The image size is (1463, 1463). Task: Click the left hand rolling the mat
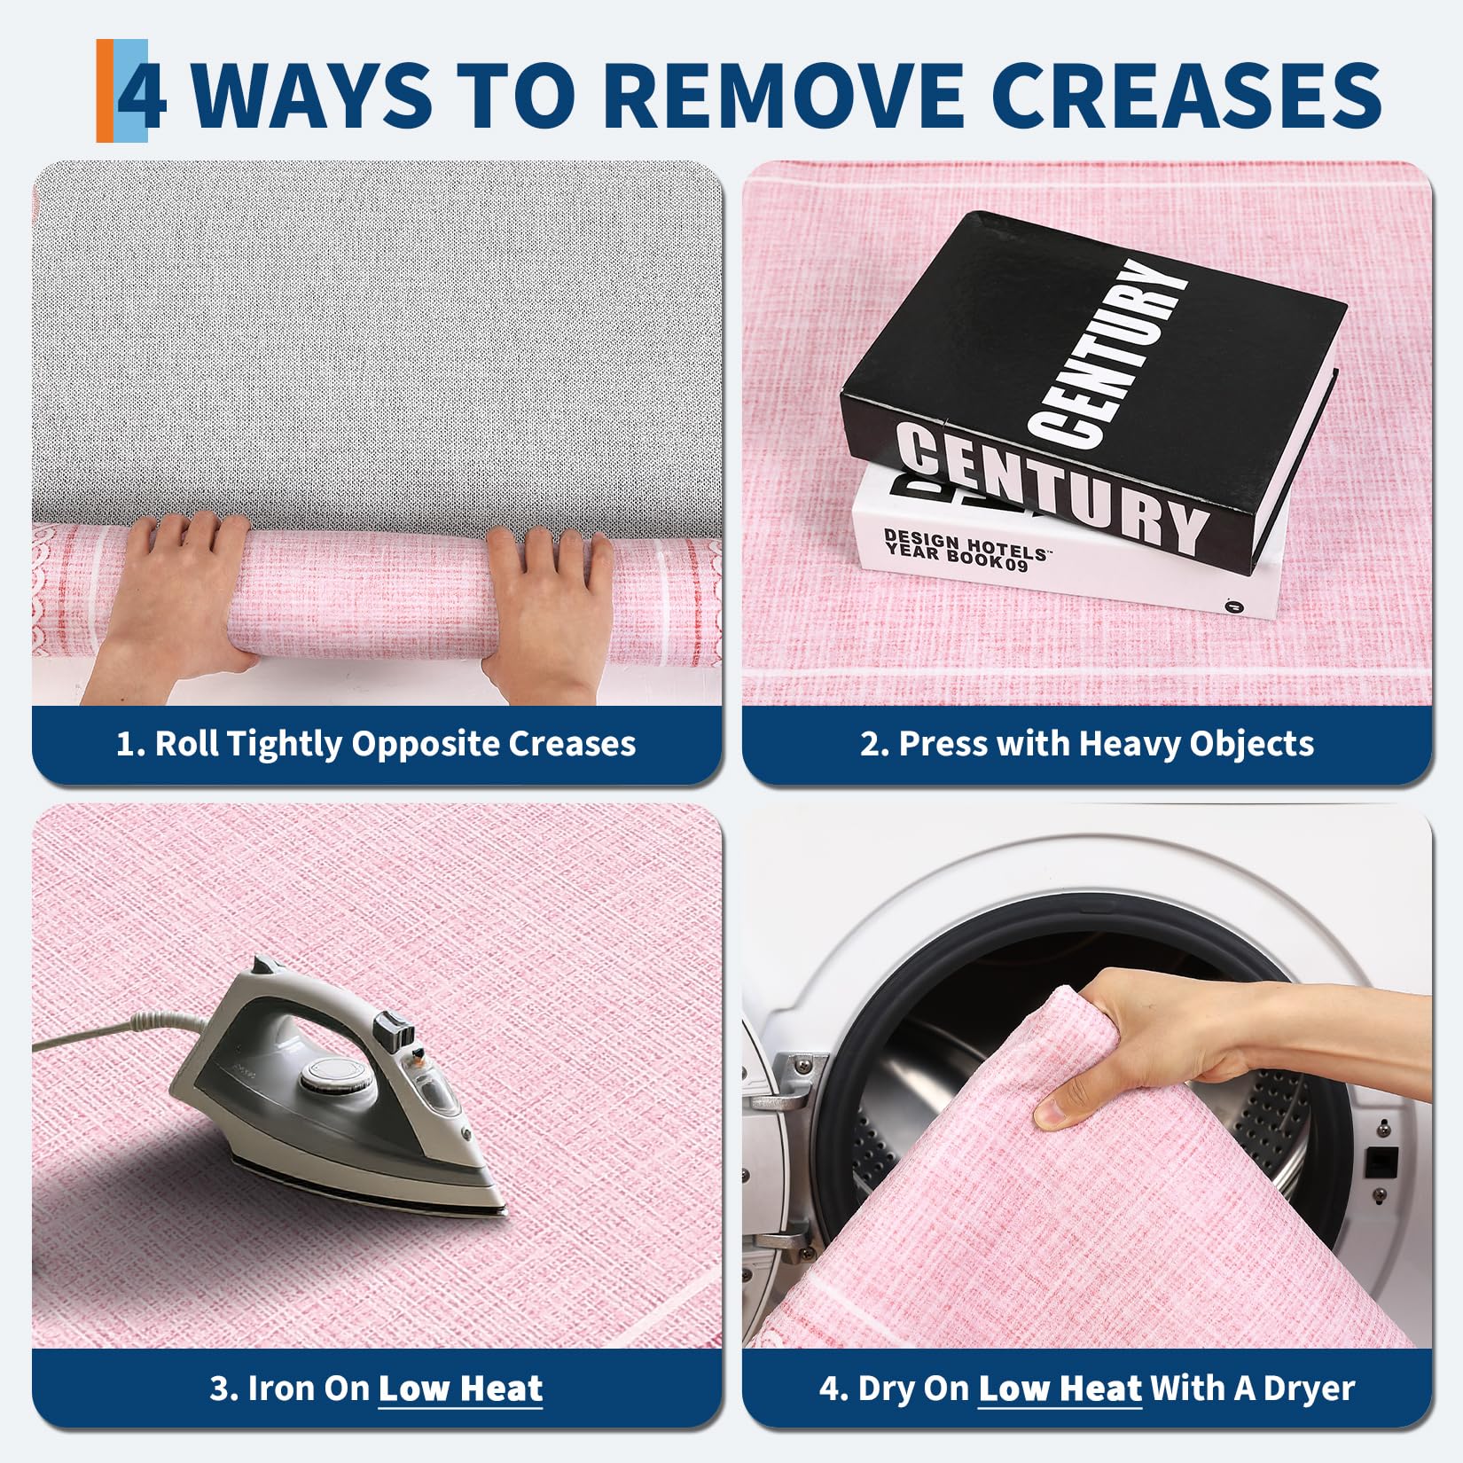tap(177, 603)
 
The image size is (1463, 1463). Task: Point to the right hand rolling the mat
tap(546, 612)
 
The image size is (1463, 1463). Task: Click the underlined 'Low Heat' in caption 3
tap(460, 1389)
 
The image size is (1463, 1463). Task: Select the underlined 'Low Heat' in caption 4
tap(1060, 1389)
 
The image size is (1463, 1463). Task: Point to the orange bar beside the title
tap(105, 90)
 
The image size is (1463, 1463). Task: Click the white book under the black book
tap(1064, 550)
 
